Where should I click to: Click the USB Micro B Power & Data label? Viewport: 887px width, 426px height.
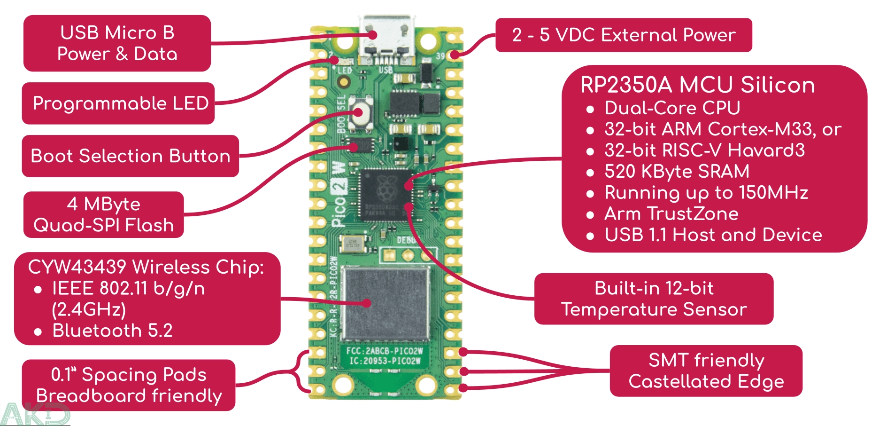click(117, 43)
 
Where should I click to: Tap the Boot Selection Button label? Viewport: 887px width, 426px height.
click(130, 156)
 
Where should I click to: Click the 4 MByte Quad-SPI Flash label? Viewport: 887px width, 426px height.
click(103, 214)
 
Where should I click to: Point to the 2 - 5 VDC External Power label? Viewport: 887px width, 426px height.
click(624, 35)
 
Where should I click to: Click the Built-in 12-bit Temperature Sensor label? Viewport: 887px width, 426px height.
click(654, 299)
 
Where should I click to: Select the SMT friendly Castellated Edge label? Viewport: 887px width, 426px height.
click(706, 371)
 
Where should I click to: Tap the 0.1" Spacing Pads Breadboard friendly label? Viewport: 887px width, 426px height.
click(129, 385)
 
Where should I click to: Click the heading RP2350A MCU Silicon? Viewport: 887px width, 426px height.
click(697, 85)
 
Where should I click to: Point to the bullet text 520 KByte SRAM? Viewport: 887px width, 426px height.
click(677, 172)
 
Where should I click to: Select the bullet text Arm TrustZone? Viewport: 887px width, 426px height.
click(671, 214)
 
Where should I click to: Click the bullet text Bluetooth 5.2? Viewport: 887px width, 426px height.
click(112, 331)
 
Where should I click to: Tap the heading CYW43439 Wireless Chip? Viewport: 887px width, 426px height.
click(146, 267)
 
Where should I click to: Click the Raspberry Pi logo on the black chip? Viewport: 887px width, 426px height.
click(385, 189)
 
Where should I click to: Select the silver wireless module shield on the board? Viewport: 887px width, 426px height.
click(386, 303)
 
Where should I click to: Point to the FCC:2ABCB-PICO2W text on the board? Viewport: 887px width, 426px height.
click(384, 351)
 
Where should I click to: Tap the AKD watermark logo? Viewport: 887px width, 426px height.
click(35, 414)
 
